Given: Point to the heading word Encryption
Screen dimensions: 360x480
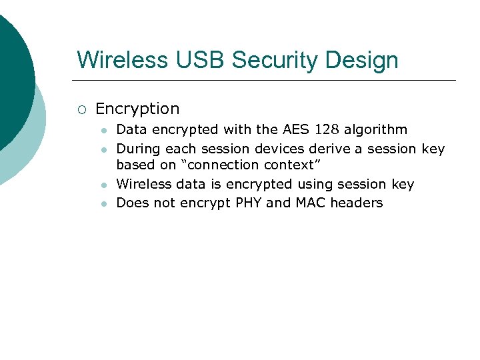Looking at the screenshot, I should point(137,109).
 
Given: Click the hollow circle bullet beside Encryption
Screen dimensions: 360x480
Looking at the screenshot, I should point(81,109).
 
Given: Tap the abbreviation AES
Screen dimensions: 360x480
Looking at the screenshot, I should point(295,129).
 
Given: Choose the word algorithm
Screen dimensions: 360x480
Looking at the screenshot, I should point(375,129).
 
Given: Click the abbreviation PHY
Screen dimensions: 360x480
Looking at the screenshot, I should point(249,203).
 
